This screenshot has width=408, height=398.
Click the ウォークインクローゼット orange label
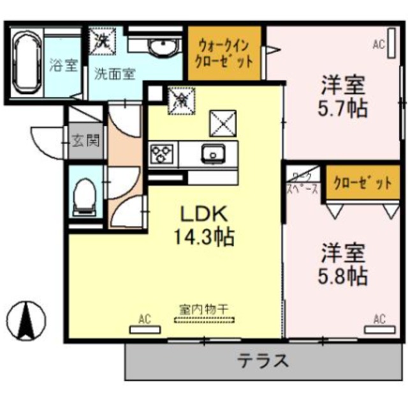(225, 54)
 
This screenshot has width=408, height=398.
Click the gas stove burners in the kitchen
(162, 154)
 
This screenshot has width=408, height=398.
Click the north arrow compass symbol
(27, 320)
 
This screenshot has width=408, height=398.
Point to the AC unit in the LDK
(144, 329)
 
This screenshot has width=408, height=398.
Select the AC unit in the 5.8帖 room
(379, 329)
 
